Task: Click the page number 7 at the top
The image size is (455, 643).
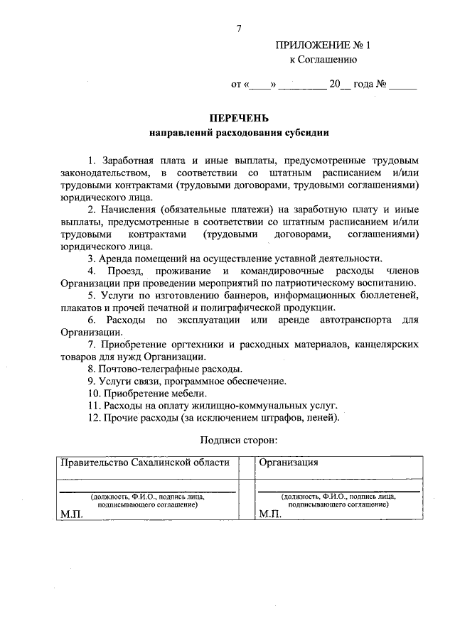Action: pos(239,28)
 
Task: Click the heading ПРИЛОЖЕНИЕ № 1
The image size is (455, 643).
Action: pos(323,45)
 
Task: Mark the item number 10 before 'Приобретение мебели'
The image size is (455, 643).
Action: pos(94,393)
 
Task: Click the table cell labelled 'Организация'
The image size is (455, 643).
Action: pos(288,463)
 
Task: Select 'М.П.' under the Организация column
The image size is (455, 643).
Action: pos(270,513)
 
